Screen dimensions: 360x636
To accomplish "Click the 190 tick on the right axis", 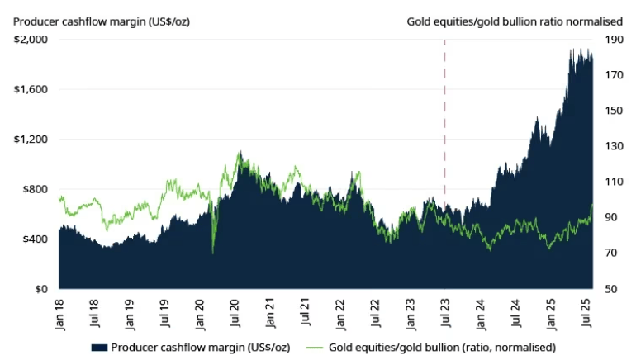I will (x=615, y=39).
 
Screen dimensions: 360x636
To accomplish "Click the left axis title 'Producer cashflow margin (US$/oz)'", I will (x=101, y=21).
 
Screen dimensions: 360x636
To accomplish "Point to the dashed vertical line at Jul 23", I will (x=445, y=124).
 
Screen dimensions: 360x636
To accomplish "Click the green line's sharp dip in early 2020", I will (x=213, y=252).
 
